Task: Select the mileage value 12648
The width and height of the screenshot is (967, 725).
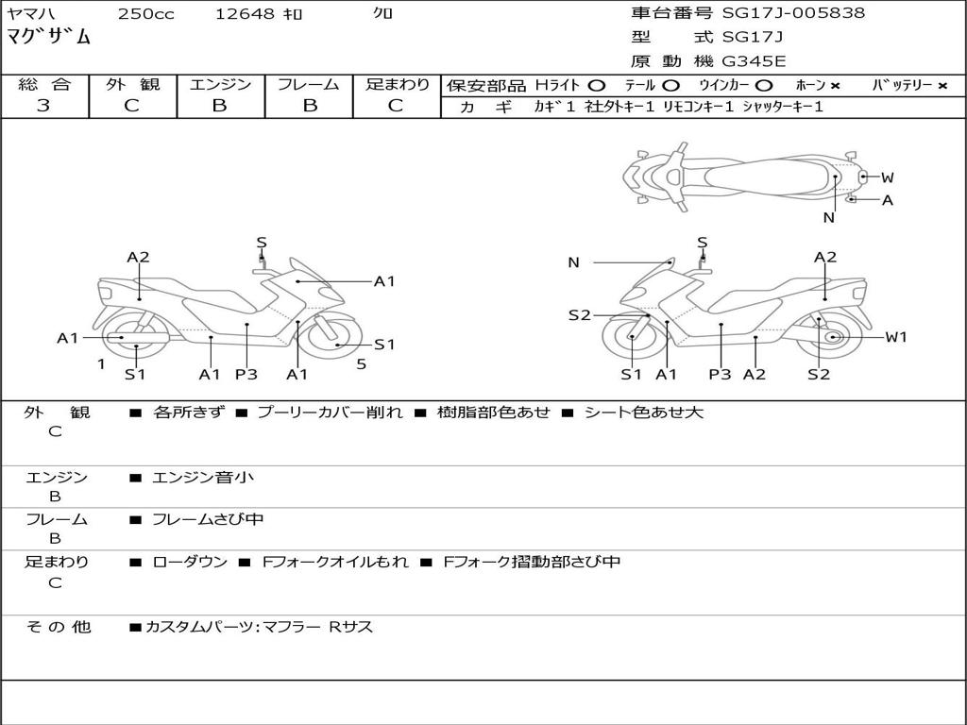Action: click(x=245, y=14)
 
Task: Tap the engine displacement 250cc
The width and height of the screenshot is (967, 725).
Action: click(x=145, y=14)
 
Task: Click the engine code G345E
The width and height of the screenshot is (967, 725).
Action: click(x=755, y=61)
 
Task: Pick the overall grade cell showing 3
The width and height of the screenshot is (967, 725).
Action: click(x=43, y=106)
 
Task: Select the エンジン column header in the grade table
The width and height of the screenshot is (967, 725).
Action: click(x=220, y=85)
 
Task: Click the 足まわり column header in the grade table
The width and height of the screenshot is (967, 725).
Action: click(x=397, y=85)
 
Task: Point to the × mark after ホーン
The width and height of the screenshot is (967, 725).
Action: click(x=835, y=86)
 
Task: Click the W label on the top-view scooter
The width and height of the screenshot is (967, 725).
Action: click(x=888, y=177)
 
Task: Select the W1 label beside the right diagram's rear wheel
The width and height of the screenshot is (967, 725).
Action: click(x=895, y=337)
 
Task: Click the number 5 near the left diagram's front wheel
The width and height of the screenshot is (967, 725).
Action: click(x=361, y=363)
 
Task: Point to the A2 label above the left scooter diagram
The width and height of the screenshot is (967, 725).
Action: click(x=138, y=257)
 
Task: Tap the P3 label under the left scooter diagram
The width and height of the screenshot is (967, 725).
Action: click(x=246, y=375)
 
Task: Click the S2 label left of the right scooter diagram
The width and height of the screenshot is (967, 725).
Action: click(x=579, y=315)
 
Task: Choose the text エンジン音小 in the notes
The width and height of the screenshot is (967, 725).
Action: click(x=203, y=478)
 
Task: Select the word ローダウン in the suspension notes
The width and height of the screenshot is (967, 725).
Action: click(x=190, y=562)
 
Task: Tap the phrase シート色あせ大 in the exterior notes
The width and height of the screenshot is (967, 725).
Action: click(x=644, y=413)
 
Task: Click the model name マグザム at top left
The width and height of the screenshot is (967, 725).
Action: click(x=49, y=38)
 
